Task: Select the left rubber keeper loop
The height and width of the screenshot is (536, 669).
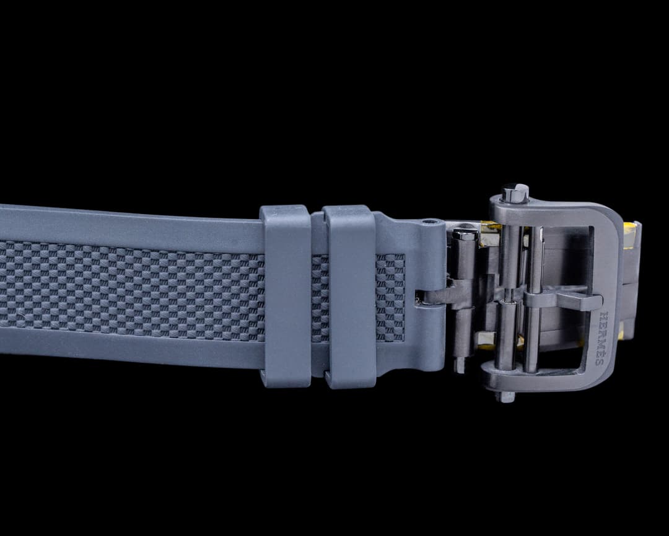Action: click(x=286, y=296)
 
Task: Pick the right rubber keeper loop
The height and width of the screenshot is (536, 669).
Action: click(x=349, y=296)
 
